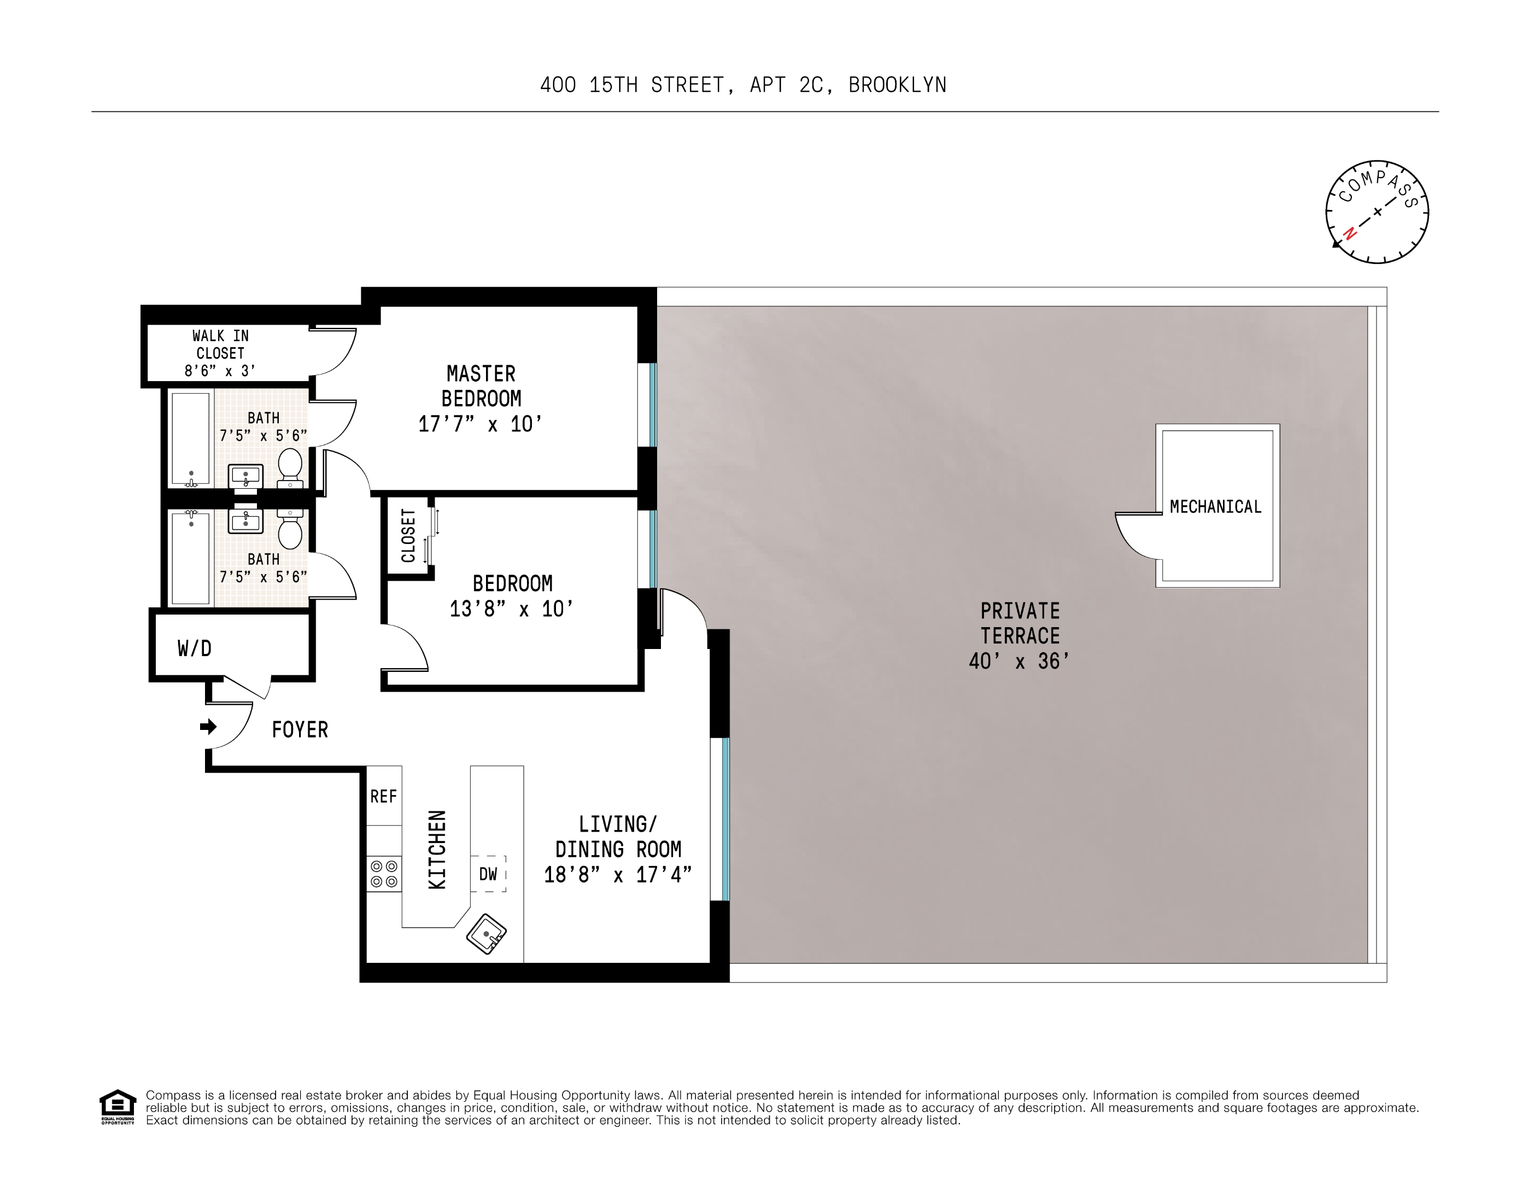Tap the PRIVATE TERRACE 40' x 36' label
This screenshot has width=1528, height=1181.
coord(1020,636)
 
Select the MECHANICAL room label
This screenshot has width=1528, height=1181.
coord(1215,506)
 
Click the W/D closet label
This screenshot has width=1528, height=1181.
coord(195,648)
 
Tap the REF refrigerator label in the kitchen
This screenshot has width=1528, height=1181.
coord(383,796)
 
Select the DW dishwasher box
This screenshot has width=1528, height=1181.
coord(488,874)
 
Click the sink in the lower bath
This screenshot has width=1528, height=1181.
coord(245,521)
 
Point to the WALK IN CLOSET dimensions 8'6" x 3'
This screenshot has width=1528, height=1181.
coord(220,371)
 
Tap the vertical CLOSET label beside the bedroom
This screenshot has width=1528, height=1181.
coord(408,535)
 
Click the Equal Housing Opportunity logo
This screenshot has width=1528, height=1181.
coord(118,1106)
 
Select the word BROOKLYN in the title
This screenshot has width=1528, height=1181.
coord(897,85)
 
